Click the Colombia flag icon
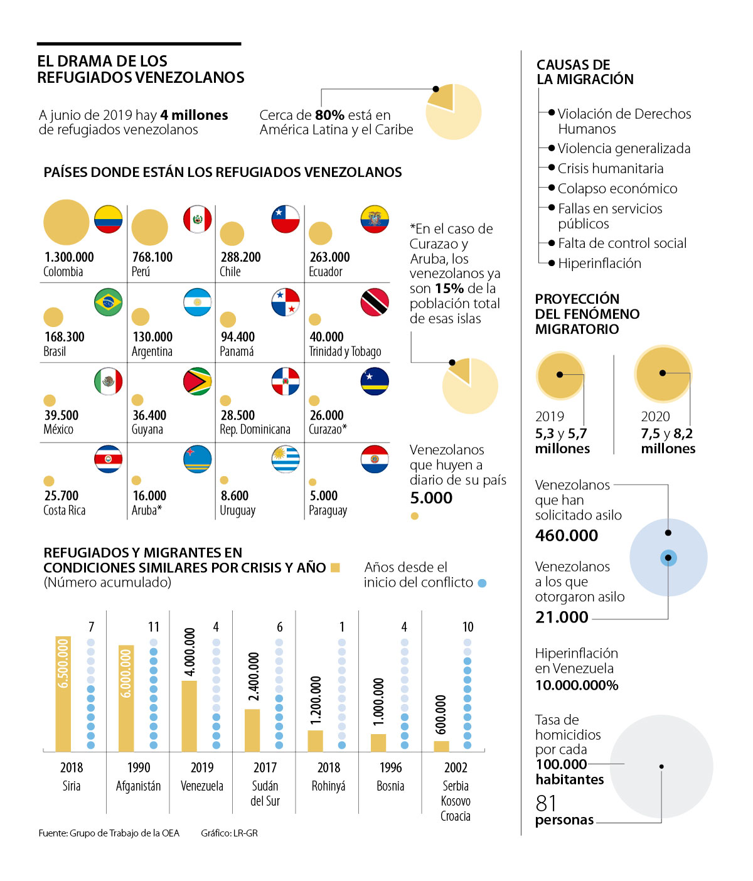(109, 219)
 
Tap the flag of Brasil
(109, 302)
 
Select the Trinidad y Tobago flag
(375, 302)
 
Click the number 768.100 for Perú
(152, 257)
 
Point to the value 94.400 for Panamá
(238, 337)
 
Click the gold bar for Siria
(63, 694)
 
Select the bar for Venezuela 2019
(189, 716)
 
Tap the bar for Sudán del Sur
(252, 730)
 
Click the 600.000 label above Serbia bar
(441, 714)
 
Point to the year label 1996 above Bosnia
(391, 767)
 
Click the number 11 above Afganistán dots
(154, 627)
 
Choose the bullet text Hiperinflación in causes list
(599, 264)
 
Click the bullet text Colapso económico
(617, 189)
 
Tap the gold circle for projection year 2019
(560, 375)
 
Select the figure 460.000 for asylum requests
(567, 535)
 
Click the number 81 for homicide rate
(547, 803)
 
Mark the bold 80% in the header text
(329, 115)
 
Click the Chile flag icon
(286, 219)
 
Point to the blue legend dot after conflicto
(482, 583)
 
